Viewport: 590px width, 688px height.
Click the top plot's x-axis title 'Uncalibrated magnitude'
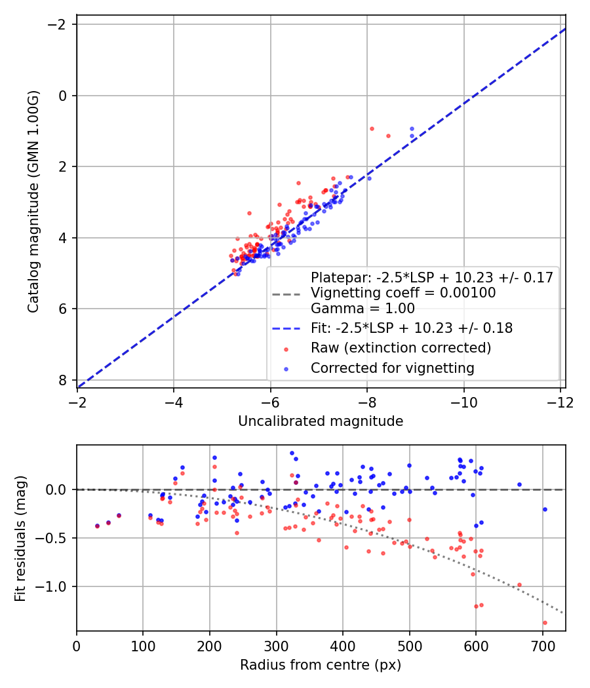[x=321, y=421]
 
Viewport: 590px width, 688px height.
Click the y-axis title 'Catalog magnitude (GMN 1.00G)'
[x=33, y=201]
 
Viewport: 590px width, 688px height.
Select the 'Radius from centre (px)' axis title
[x=321, y=665]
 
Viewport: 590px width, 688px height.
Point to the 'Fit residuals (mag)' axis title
[x=20, y=539]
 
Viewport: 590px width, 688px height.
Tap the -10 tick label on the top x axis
[x=464, y=402]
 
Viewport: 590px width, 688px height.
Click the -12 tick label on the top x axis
[x=560, y=402]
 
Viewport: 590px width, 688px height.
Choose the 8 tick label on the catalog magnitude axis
[x=63, y=380]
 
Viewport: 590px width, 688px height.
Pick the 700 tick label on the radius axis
[x=543, y=646]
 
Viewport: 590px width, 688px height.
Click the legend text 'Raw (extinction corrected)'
[x=401, y=348]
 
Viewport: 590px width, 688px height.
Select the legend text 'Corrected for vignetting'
[x=393, y=368]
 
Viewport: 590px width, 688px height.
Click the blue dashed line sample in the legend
[x=286, y=328]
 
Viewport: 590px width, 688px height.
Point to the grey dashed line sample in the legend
[x=286, y=294]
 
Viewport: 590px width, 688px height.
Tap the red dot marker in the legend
[x=286, y=349]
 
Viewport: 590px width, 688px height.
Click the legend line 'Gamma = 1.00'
[x=363, y=309]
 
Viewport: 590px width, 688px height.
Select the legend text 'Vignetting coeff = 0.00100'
[x=403, y=293]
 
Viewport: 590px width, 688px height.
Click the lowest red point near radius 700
[x=545, y=622]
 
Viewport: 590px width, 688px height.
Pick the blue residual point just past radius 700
[x=545, y=509]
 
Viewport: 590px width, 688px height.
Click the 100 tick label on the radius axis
[x=143, y=646]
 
